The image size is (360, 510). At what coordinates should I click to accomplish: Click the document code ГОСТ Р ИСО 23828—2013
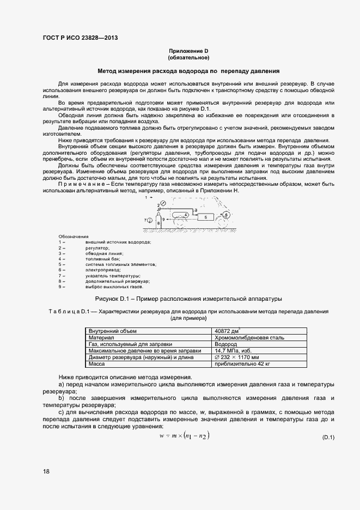(80, 38)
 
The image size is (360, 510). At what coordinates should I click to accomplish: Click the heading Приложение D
(188, 51)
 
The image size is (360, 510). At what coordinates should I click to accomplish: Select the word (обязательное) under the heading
(188, 57)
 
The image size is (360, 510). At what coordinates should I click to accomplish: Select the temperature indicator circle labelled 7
(150, 220)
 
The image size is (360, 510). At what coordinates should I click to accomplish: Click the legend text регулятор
(98, 247)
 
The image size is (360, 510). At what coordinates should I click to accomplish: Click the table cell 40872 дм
(229, 331)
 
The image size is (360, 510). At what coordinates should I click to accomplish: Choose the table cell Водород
(226, 344)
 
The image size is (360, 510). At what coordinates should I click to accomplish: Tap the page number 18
(46, 471)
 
